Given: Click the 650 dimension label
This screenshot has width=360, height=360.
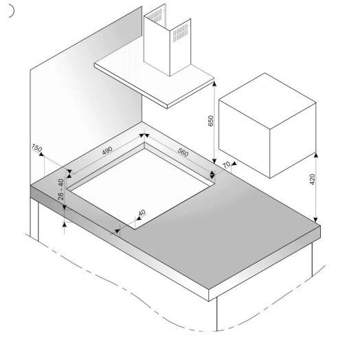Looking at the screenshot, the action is coord(210,121).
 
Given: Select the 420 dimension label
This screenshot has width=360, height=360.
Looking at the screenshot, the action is coord(313,179).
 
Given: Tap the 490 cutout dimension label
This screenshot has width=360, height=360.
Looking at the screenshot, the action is coord(107,150).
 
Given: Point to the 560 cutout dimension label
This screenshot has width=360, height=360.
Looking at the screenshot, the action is coord(183,153).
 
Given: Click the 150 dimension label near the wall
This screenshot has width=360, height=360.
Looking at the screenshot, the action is coord(36,148).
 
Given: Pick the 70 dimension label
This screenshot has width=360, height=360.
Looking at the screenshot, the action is coord(227,165).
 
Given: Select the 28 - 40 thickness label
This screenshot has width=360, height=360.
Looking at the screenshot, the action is coord(61,190).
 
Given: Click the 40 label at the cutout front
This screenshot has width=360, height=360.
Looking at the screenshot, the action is coord(142,213).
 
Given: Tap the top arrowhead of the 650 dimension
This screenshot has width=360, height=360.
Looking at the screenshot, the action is coord(214,84).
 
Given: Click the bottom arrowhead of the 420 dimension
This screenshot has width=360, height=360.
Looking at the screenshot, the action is coord(316,219).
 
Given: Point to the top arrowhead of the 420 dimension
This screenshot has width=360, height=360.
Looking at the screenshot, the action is coord(316,155).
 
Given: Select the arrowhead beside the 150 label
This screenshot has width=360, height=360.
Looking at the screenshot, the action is coord(41,154).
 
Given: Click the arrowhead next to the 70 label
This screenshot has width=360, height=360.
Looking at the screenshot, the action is coord(234,164).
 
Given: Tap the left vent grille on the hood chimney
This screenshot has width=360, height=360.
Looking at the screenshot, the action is coord(155,16).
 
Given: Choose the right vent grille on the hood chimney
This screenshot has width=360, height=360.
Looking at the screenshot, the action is coord(181,32).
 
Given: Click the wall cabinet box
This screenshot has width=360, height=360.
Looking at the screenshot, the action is coord(267,125).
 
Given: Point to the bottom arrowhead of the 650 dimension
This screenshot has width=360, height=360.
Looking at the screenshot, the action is coord(214,161).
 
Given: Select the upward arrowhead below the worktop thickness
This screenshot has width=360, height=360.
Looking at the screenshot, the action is coord(65,225).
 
